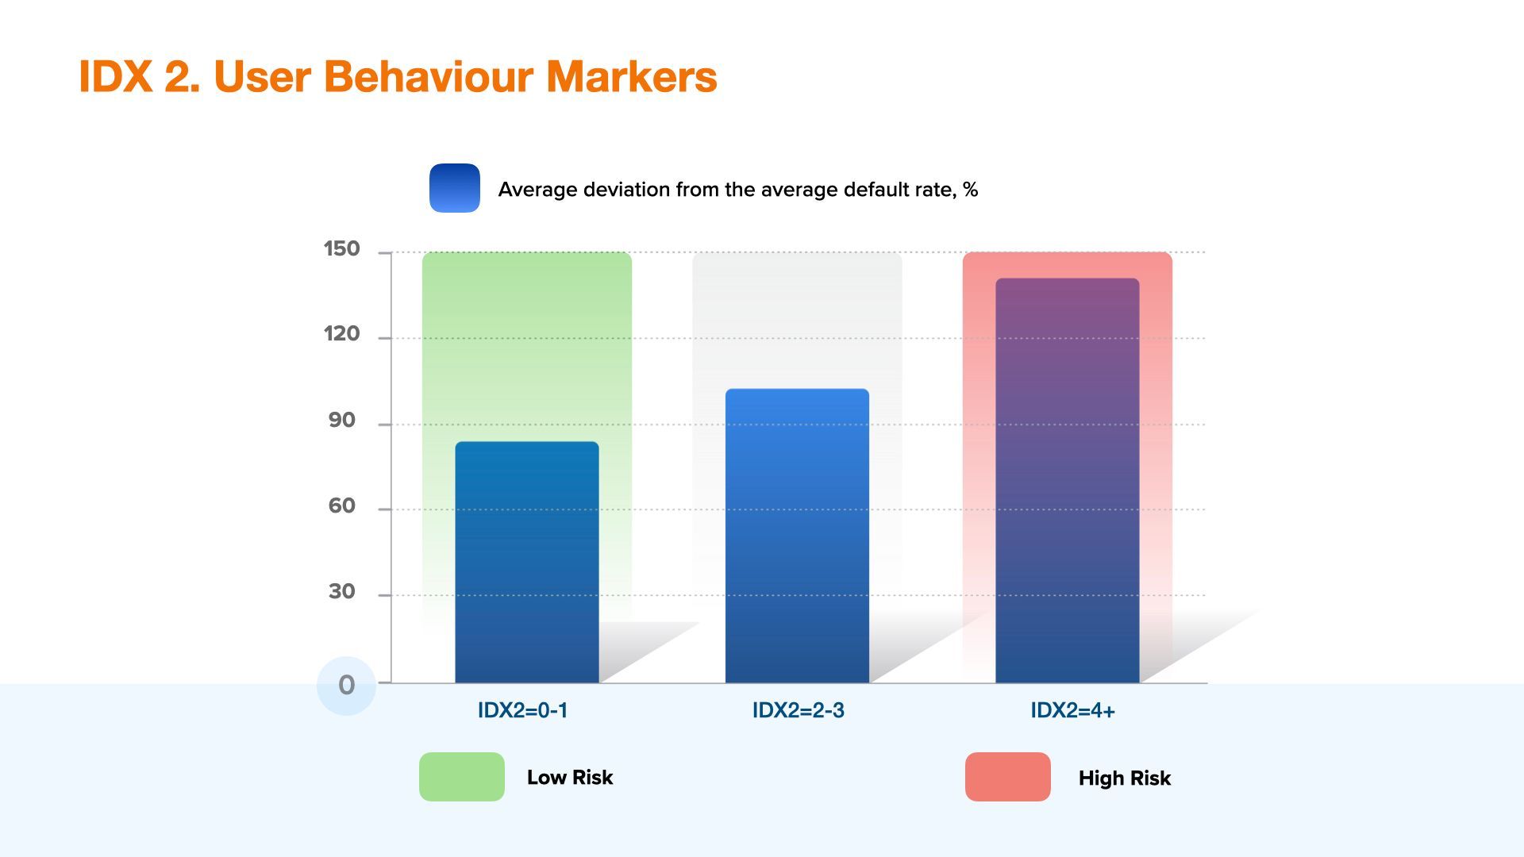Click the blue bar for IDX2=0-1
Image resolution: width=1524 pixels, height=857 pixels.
pos(527,562)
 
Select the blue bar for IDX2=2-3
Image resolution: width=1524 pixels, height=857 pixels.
pos(797,536)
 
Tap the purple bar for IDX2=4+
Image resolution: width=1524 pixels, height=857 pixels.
pos(1068,480)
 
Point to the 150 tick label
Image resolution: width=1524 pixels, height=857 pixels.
pos(342,249)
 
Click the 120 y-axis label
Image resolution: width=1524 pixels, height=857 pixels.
pos(342,334)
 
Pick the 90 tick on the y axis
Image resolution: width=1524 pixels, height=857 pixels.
pos(342,421)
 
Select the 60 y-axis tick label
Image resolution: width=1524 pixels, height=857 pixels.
pos(342,506)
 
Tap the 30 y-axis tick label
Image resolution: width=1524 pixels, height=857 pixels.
pos(342,592)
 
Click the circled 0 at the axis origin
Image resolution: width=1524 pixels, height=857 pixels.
pos(346,686)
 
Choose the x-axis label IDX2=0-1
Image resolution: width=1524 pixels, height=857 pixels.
pos(523,710)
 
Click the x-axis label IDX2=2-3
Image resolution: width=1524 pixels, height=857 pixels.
pos(799,710)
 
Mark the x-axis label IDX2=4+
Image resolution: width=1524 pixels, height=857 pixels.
pos(1073,710)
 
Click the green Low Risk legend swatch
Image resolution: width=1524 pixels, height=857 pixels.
pos(462,777)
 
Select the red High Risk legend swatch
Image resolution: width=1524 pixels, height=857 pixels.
pos(1008,777)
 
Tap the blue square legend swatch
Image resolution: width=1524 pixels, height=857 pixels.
pos(455,188)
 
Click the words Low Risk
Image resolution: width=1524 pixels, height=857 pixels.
pos(570,777)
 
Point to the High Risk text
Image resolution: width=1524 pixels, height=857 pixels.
pos(1125,778)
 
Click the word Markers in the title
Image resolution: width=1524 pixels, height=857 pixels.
pos(632,77)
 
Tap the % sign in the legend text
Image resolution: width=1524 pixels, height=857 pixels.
pos(970,190)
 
